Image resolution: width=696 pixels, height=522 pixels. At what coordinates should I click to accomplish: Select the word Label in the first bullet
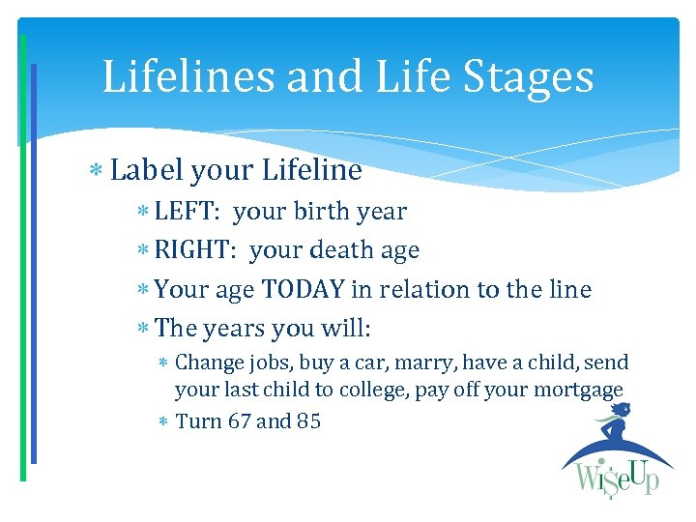click(x=147, y=171)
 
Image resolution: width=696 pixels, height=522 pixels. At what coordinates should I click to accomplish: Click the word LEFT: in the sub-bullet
click(x=188, y=211)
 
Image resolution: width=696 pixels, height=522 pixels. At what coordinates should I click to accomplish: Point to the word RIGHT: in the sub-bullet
click(x=197, y=250)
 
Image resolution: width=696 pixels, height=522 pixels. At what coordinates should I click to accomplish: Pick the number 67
click(x=239, y=421)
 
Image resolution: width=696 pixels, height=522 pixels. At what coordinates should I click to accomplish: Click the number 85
click(x=308, y=421)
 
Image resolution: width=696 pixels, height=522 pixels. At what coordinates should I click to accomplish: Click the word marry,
click(x=428, y=362)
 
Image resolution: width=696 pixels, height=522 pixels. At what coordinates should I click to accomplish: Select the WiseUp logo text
click(x=615, y=478)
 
